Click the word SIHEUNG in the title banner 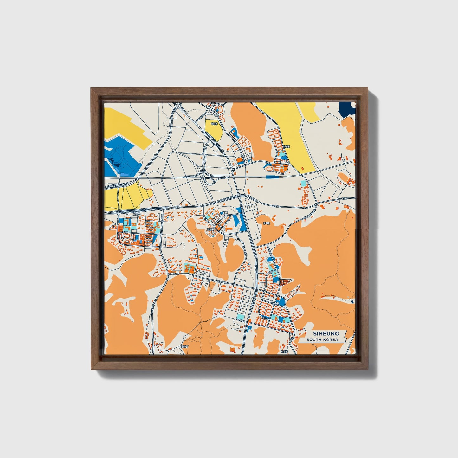click(x=326, y=333)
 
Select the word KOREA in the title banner click(x=331, y=340)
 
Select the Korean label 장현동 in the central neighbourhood click(x=210, y=228)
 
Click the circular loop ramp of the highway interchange click(x=210, y=181)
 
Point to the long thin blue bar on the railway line click(x=272, y=177)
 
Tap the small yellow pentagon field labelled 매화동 click(x=213, y=128)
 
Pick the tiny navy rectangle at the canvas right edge click(x=353, y=301)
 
